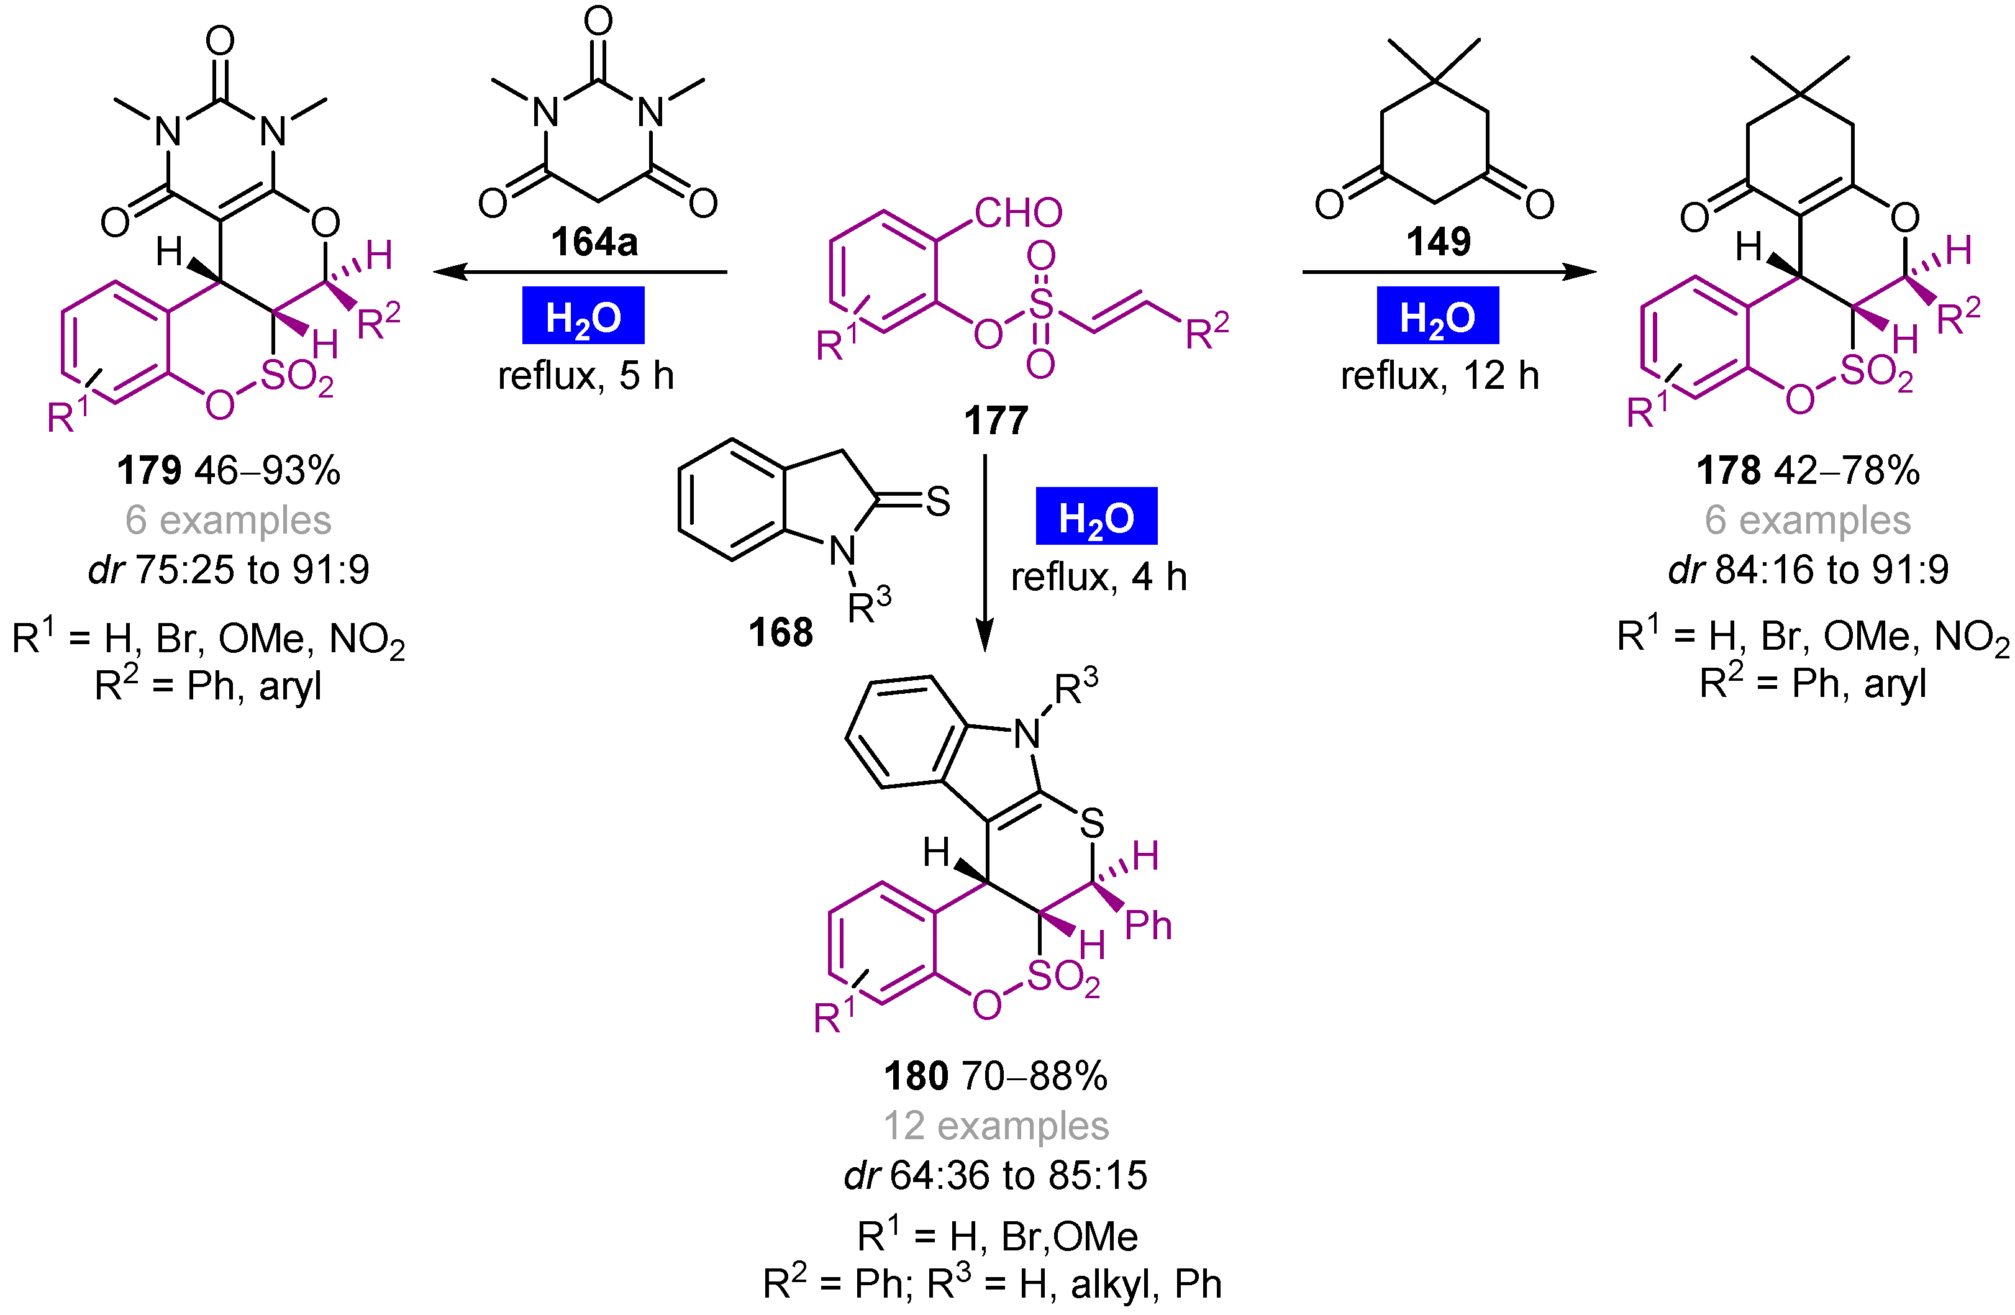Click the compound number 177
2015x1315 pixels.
pos(996,421)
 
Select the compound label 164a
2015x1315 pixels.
pos(594,242)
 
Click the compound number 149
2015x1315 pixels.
pos(1439,242)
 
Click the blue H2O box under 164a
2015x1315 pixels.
pos(583,316)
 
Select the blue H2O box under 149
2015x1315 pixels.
pos(1437,316)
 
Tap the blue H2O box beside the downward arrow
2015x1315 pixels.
pos(1096,517)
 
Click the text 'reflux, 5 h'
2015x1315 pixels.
pos(586,376)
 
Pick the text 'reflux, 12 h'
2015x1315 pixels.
pos(1439,376)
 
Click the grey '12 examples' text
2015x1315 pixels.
pos(996,1126)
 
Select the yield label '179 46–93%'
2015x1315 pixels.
pos(229,470)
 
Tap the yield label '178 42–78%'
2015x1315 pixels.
pos(1808,470)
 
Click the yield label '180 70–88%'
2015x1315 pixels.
pos(996,1076)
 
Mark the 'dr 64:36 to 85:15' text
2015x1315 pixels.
pos(996,1175)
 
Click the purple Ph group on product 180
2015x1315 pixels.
pos(1148,926)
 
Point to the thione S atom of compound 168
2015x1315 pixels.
pos(937,501)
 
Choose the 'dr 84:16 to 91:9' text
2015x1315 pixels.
pos(1808,570)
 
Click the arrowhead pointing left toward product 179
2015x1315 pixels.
pos(448,272)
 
